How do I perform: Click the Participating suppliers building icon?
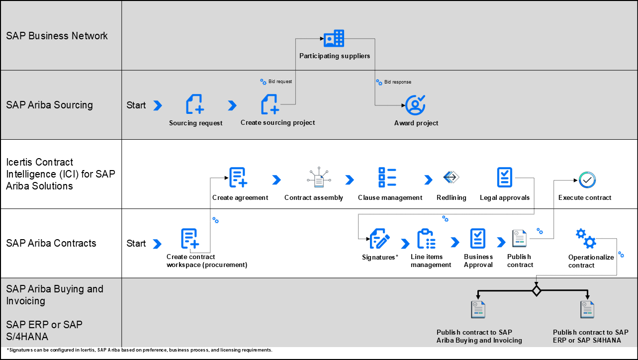tap(334, 38)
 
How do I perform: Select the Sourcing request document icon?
tap(195, 104)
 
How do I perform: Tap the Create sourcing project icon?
tap(270, 104)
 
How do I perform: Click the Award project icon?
tap(415, 105)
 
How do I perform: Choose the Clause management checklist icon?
tap(387, 178)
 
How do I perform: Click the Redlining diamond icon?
tap(451, 178)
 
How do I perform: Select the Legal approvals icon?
tap(505, 178)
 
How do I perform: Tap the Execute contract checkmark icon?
tap(587, 180)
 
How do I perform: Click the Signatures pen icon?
tap(380, 239)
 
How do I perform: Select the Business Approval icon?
tap(478, 239)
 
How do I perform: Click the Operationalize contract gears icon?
tap(585, 239)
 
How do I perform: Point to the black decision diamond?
tap(536, 290)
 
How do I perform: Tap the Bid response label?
tap(397, 82)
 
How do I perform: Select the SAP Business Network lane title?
tap(57, 36)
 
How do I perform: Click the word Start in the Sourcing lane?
tap(136, 105)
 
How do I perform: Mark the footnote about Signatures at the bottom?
tap(139, 350)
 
